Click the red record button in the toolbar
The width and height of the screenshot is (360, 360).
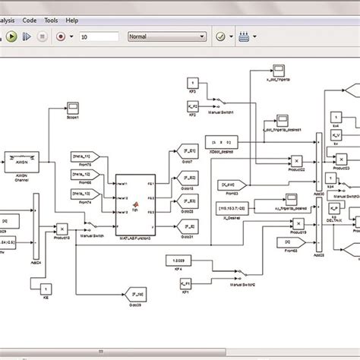[x=60, y=36]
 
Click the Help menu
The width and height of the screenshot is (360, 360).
[x=72, y=20]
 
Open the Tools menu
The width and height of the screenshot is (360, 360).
[x=51, y=20]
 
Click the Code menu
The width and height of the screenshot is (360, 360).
[x=29, y=20]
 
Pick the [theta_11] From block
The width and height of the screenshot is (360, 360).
[x=82, y=154]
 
